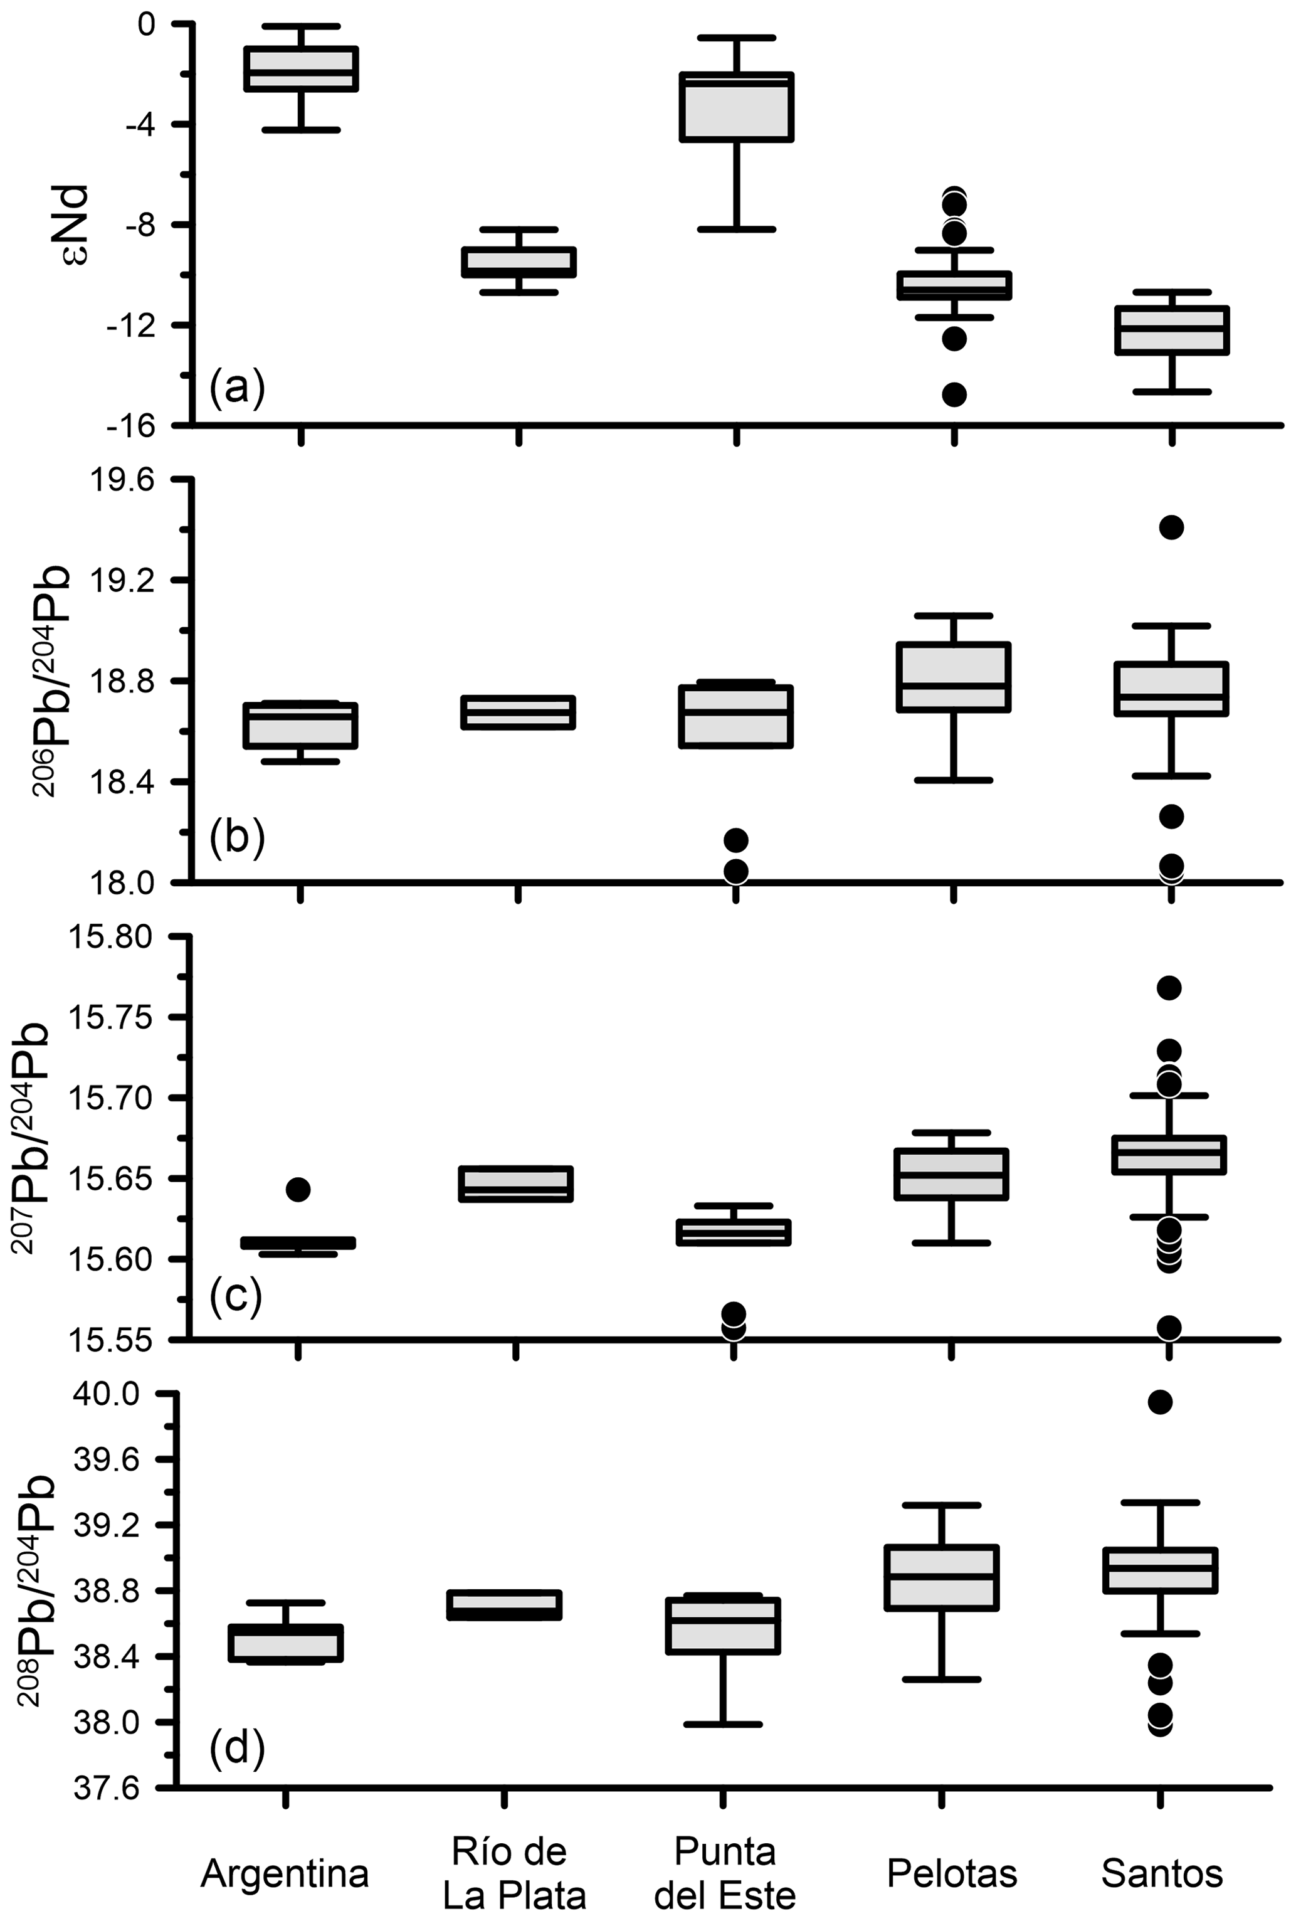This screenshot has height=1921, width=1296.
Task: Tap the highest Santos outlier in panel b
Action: point(1171,527)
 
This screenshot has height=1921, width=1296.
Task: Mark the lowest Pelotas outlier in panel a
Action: point(955,394)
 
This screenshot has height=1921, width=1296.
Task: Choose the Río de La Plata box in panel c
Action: point(516,1183)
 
